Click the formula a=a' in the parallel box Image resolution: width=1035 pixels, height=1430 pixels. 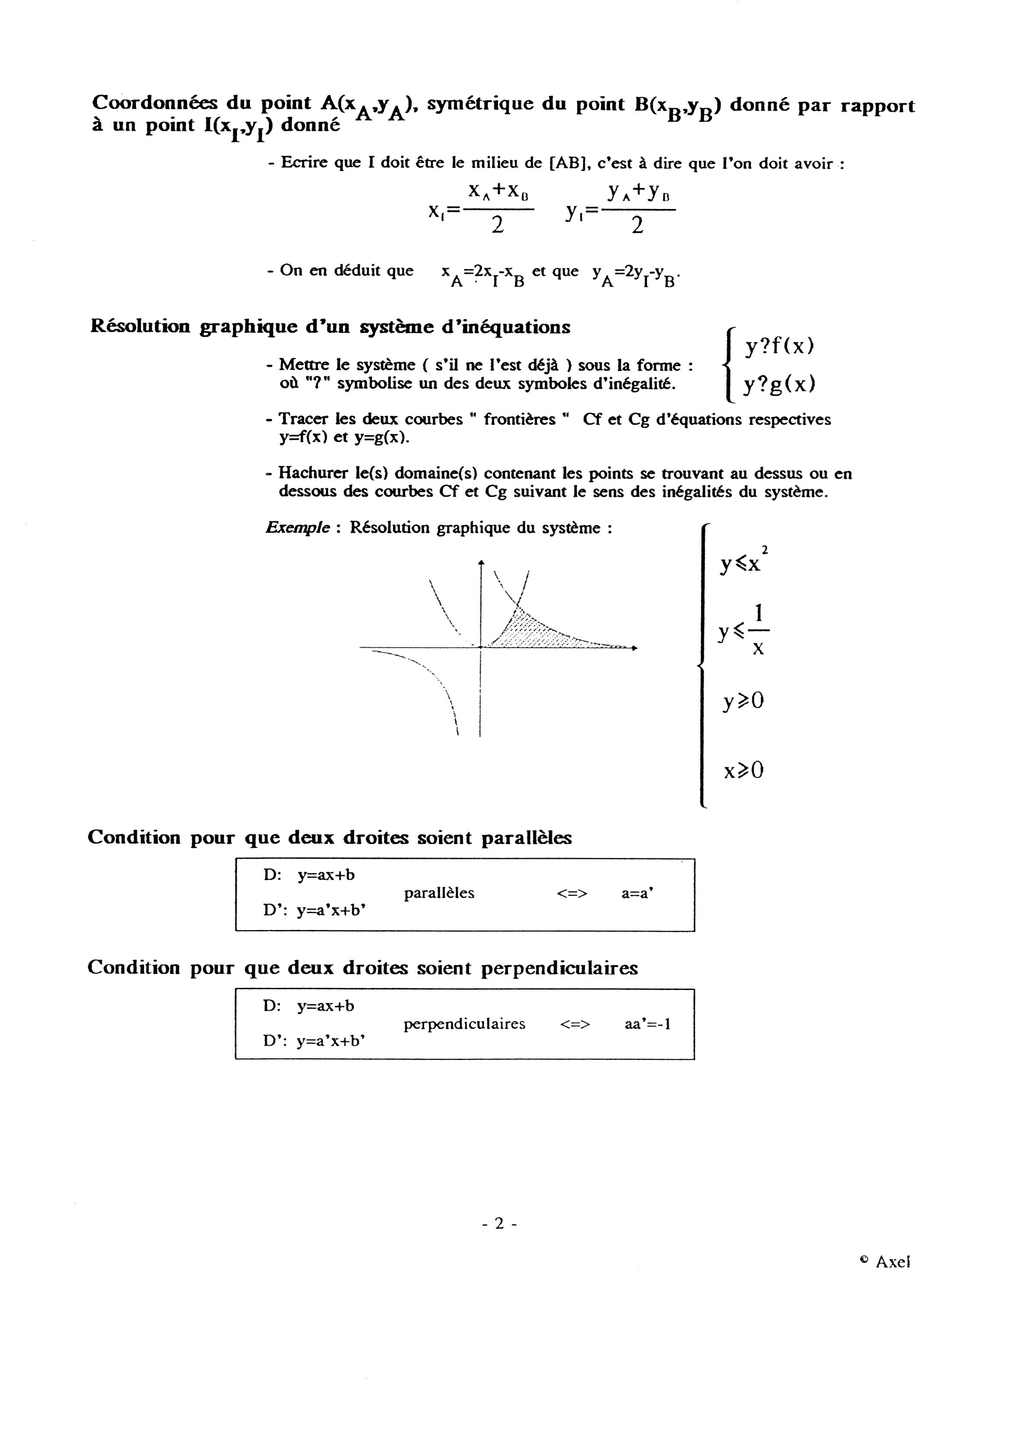637,893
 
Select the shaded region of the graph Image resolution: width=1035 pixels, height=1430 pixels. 536,634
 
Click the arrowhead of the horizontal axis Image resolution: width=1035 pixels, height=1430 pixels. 635,648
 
